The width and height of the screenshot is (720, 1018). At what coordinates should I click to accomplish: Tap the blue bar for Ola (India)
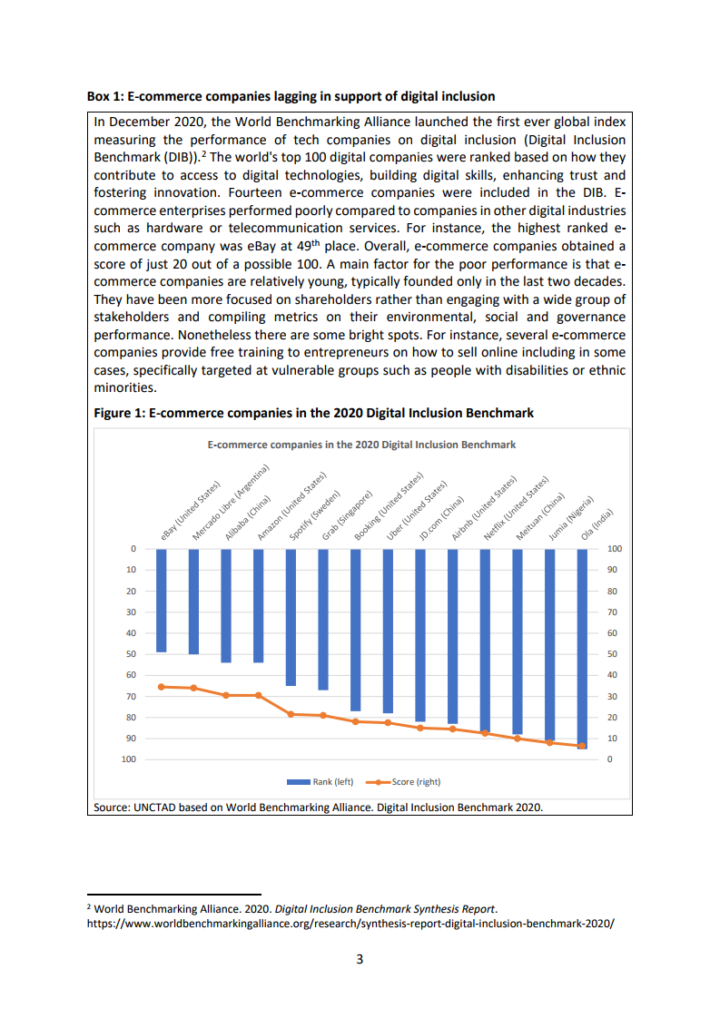click(x=582, y=649)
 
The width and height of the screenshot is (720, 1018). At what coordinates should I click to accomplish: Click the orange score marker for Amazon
click(x=259, y=695)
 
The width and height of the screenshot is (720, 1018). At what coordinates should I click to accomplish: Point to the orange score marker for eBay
click(x=162, y=687)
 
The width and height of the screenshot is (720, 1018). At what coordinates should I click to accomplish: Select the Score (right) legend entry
click(x=404, y=782)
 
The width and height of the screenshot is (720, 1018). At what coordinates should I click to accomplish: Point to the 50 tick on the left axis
click(x=132, y=654)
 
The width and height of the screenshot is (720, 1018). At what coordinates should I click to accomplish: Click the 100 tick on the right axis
click(x=615, y=549)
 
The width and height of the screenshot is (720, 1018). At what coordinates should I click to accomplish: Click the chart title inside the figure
click(x=361, y=445)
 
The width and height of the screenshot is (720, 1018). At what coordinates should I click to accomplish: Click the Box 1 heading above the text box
click(x=291, y=96)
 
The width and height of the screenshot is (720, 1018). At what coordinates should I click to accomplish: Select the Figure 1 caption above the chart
click(x=314, y=413)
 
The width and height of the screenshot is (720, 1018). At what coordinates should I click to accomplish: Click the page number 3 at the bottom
click(x=360, y=960)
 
